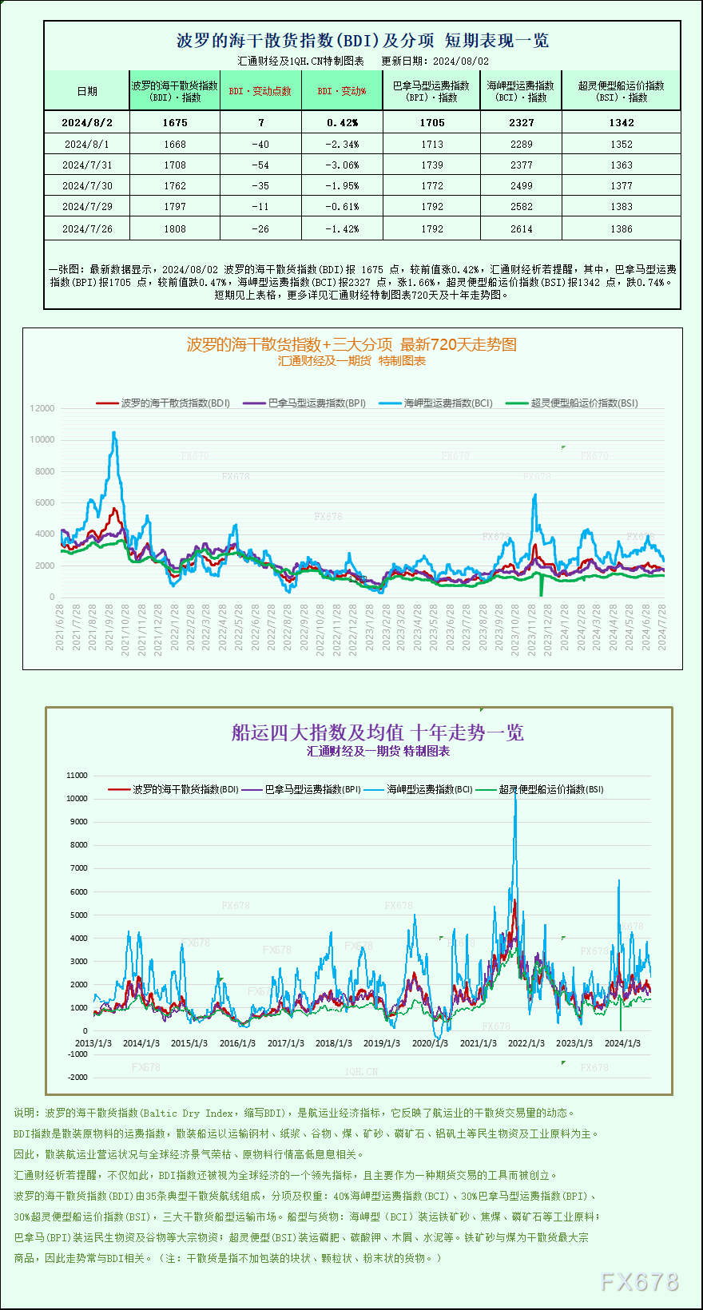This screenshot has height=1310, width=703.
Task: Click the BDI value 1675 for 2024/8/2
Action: coord(174,122)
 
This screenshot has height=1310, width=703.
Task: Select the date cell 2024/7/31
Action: coord(87,165)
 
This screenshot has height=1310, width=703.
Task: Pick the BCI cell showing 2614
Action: coord(521,228)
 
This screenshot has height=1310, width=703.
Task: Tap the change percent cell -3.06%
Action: coord(342,165)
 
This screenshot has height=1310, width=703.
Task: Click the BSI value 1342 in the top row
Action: coord(621,122)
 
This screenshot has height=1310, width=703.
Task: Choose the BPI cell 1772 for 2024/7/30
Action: coord(431,185)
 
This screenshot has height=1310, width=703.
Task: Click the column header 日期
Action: coord(87,91)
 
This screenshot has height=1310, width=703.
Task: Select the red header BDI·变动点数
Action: coord(260,91)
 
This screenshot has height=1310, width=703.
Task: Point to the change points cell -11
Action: coord(260,206)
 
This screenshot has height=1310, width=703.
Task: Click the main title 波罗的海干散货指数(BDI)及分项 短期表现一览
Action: coord(362,41)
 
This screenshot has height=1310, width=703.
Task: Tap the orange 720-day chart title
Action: coord(351,344)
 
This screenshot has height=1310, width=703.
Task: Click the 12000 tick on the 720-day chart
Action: coord(42,408)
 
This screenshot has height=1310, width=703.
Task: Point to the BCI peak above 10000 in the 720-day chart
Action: coord(114,433)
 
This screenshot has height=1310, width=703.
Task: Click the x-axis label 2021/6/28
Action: coord(60,627)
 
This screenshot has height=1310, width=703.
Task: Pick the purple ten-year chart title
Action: coord(377,732)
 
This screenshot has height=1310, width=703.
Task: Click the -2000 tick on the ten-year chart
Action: coord(77,1078)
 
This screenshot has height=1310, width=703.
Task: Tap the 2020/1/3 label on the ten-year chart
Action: coord(430,1043)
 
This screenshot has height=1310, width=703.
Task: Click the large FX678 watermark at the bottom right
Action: coord(639,1282)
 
